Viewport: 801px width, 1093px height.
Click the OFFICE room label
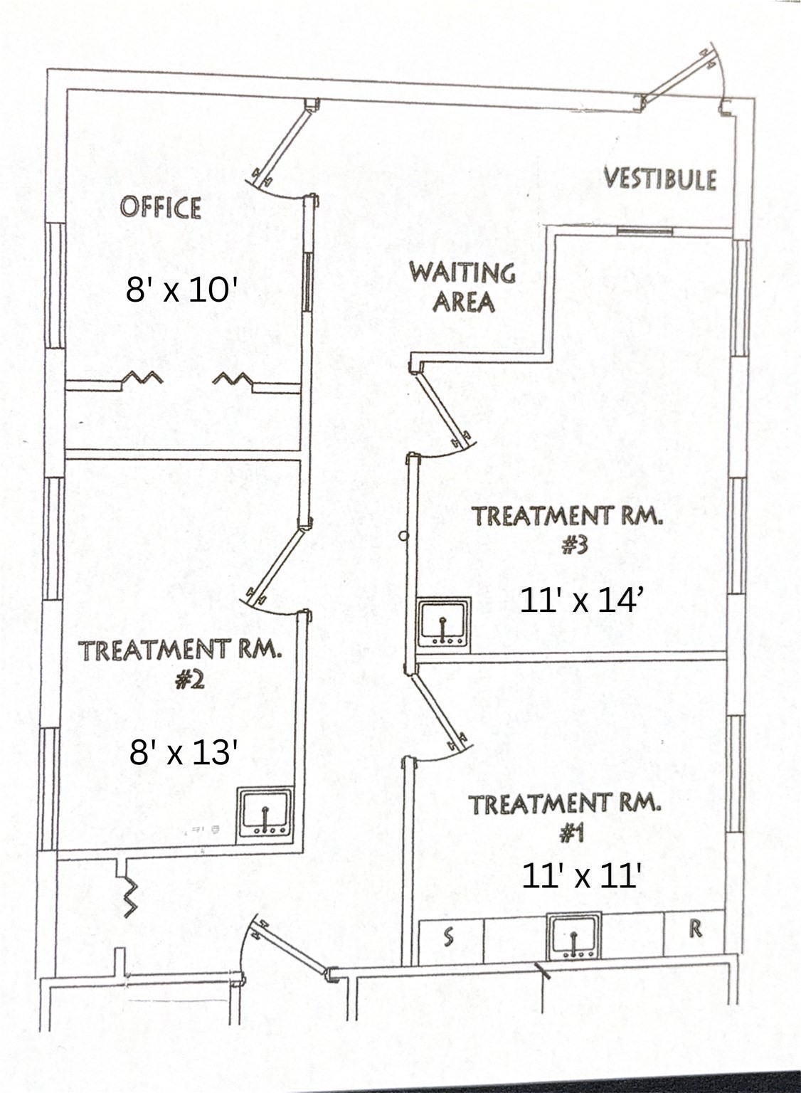point(160,207)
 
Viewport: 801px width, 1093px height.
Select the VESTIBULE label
point(659,178)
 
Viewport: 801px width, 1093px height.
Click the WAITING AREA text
point(463,287)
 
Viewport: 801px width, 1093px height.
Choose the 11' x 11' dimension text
point(582,875)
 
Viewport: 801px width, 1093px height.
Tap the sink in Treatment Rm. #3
point(443,622)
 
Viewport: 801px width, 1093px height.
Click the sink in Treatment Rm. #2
point(265,812)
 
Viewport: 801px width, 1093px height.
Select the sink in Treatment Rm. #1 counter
point(574,935)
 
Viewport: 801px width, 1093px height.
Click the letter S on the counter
point(448,937)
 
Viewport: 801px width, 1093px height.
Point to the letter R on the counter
point(695,929)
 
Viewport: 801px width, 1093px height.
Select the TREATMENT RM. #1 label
point(564,816)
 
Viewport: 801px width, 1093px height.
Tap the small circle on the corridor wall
point(403,536)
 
